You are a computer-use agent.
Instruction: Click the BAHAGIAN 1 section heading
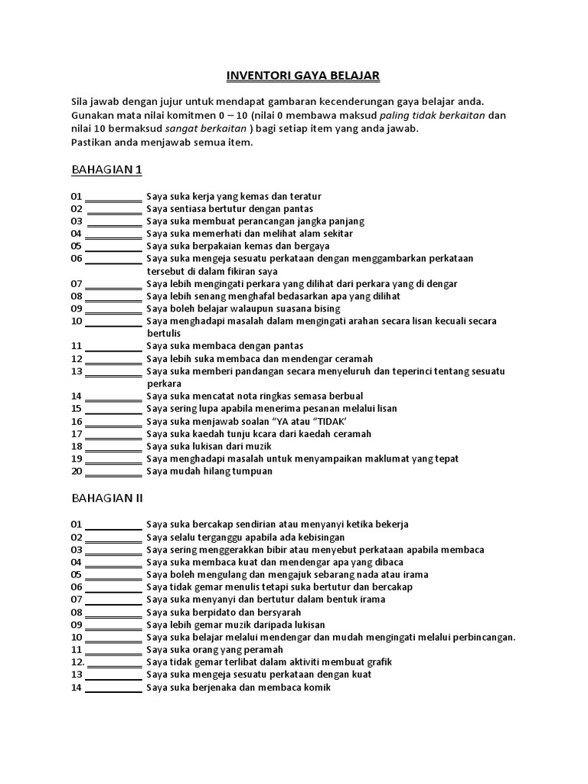coord(106,168)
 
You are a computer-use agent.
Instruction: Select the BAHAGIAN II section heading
coord(107,498)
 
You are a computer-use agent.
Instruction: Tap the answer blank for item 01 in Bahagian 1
coord(113,198)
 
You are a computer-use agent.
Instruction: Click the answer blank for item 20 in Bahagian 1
coord(113,472)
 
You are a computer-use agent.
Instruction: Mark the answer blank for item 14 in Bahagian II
coord(113,688)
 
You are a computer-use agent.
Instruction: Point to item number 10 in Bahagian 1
coord(77,322)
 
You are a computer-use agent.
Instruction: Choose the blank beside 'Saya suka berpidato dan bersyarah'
coord(113,613)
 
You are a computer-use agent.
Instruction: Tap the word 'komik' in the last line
coord(318,688)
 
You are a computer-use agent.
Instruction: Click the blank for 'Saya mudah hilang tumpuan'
coord(113,472)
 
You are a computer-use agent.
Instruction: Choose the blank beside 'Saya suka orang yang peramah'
coord(113,650)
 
